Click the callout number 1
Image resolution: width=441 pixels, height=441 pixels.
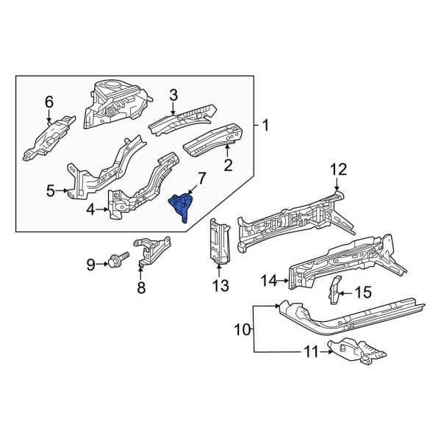pyautogui.click(x=265, y=126)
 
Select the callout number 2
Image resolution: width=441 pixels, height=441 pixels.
pyautogui.click(x=228, y=165)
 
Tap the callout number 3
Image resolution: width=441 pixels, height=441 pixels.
pyautogui.click(x=174, y=95)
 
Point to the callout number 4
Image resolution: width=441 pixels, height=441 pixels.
pyautogui.click(x=91, y=210)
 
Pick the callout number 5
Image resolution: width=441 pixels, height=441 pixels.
pyautogui.click(x=51, y=192)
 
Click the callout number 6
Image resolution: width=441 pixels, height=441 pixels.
pyautogui.click(x=49, y=101)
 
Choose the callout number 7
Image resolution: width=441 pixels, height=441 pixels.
pyautogui.click(x=202, y=177)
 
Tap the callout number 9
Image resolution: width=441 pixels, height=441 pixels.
pyautogui.click(x=91, y=264)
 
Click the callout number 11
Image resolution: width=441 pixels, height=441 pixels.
pyautogui.click(x=311, y=353)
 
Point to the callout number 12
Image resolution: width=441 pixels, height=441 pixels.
pyautogui.click(x=337, y=170)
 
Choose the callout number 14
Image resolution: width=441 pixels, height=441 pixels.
pyautogui.click(x=268, y=280)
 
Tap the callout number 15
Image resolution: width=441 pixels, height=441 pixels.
pyautogui.click(x=364, y=293)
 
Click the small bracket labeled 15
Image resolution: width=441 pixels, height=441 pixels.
pyautogui.click(x=335, y=290)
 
